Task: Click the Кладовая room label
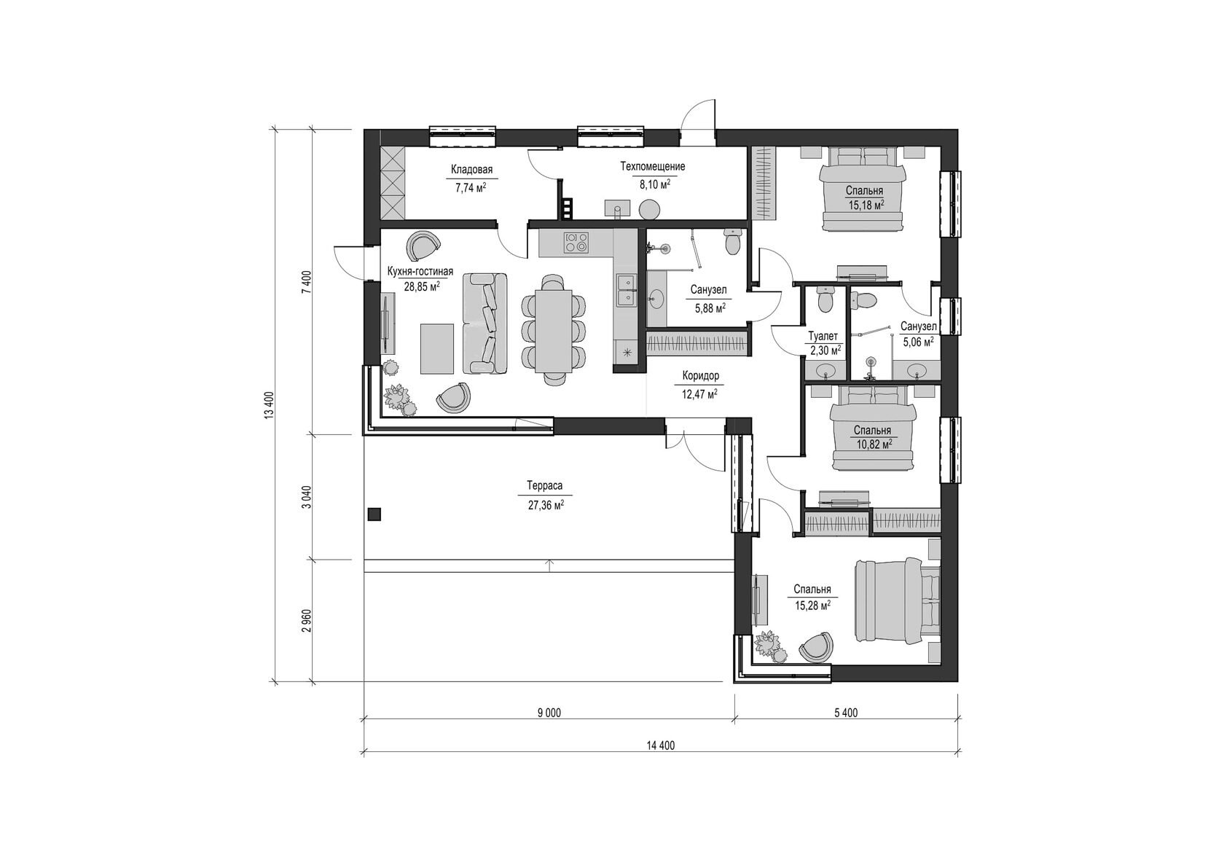pyautogui.click(x=471, y=169)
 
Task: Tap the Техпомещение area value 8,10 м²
pyautogui.click(x=655, y=185)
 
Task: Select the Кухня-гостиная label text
pyautogui.click(x=420, y=272)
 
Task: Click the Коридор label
pyautogui.click(x=701, y=376)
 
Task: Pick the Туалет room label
pyautogui.click(x=823, y=337)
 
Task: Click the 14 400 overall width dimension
pyautogui.click(x=661, y=746)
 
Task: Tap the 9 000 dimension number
pyautogui.click(x=549, y=713)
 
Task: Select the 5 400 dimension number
pyautogui.click(x=847, y=713)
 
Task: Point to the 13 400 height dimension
pyautogui.click(x=268, y=405)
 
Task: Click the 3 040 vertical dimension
pyautogui.click(x=307, y=497)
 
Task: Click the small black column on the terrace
pyautogui.click(x=374, y=514)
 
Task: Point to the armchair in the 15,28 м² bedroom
pyautogui.click(x=817, y=648)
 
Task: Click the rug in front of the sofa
pyautogui.click(x=437, y=348)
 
